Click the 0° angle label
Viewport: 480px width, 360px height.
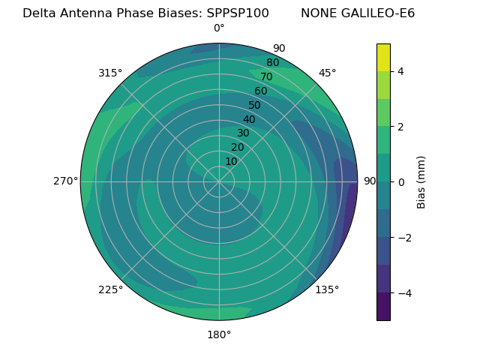pos(219,28)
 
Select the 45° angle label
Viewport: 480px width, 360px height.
pos(327,73)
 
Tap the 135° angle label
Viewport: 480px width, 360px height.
pos(327,289)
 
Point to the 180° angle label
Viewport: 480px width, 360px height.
pos(219,334)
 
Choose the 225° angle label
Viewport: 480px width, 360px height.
pos(110,289)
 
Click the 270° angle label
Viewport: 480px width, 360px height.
pos(65,181)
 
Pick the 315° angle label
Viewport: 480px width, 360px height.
pos(110,73)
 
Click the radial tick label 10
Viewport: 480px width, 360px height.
pos(231,161)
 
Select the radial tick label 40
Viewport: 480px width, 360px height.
pos(249,119)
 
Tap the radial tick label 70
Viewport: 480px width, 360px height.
pos(266,76)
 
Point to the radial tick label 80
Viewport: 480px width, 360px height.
pos(272,63)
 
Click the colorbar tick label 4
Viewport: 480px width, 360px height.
pos(400,71)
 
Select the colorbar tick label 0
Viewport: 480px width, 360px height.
pos(400,181)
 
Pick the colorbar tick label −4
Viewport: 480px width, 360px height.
pos(403,292)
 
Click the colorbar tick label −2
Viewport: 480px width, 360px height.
pos(403,237)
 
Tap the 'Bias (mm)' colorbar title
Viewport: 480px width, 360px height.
pos(421,181)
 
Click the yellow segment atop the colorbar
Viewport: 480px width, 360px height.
pos(383,57)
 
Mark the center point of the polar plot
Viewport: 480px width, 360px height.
pos(219,181)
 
